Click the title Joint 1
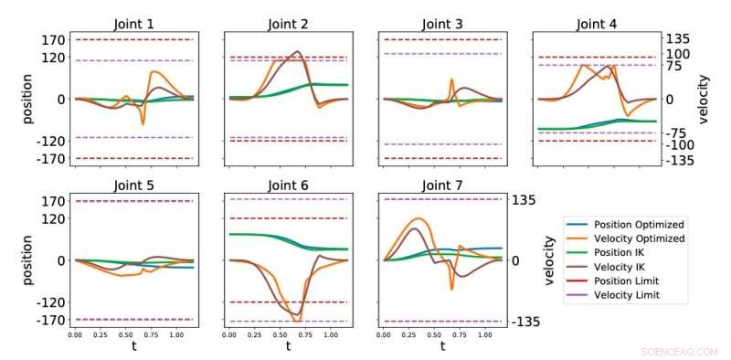[x=133, y=24]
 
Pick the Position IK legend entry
[x=617, y=253]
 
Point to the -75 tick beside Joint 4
[x=676, y=133]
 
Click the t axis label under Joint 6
[x=287, y=347]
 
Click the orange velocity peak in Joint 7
[x=418, y=218]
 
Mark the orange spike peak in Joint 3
[x=451, y=79]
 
